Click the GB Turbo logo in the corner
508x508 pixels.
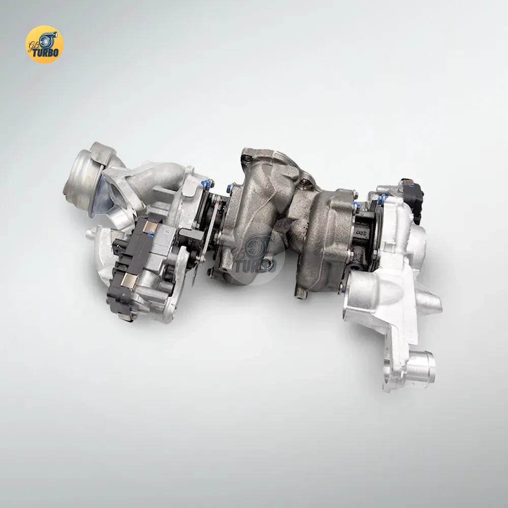pos(44,44)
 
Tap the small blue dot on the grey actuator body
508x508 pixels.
pos(151,234)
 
